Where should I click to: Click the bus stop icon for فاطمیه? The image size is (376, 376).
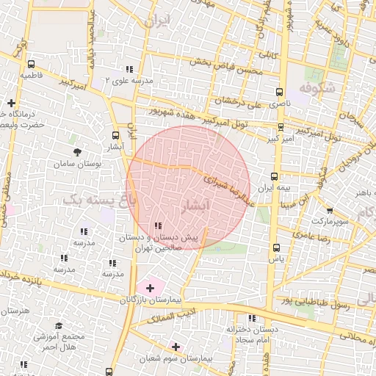tap(30, 64)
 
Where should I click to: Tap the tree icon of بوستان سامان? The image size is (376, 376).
tap(77, 152)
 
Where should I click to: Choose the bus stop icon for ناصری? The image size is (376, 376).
tap(279, 93)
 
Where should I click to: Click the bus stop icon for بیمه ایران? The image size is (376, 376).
tap(275, 177)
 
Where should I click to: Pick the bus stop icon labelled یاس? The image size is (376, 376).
tap(276, 247)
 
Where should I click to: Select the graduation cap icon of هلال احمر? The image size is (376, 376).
tap(58, 325)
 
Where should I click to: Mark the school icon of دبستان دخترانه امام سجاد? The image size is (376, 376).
tap(253, 318)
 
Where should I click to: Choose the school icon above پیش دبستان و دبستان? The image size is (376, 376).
tap(159, 225)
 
